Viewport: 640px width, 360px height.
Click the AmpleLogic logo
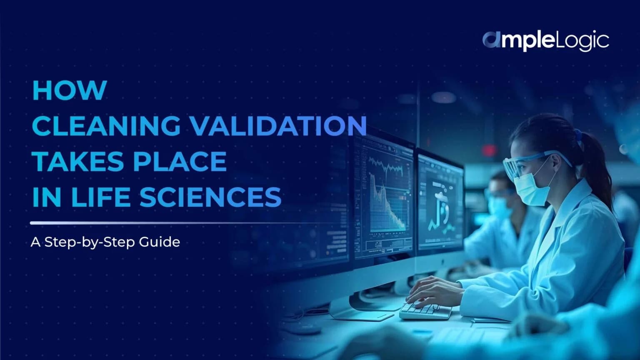click(546, 41)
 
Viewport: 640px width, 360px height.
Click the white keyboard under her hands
click(425, 310)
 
